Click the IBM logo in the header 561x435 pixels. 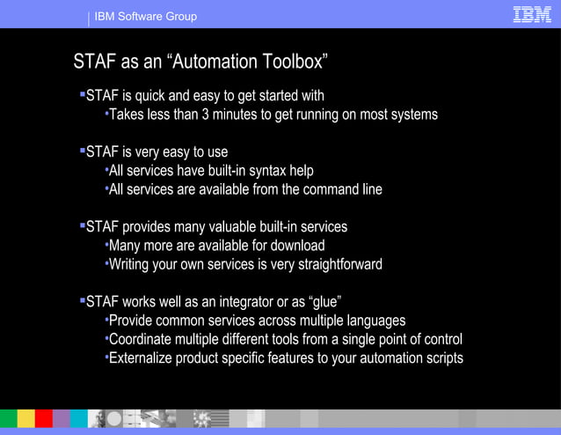click(531, 14)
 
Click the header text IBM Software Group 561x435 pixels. click(146, 16)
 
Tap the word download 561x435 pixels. click(295, 246)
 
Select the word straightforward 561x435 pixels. click(336, 264)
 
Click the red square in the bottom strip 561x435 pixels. click(44, 418)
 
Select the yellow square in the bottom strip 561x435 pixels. click(26, 418)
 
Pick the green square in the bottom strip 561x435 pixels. click(8, 418)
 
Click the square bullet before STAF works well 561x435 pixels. click(82, 299)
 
